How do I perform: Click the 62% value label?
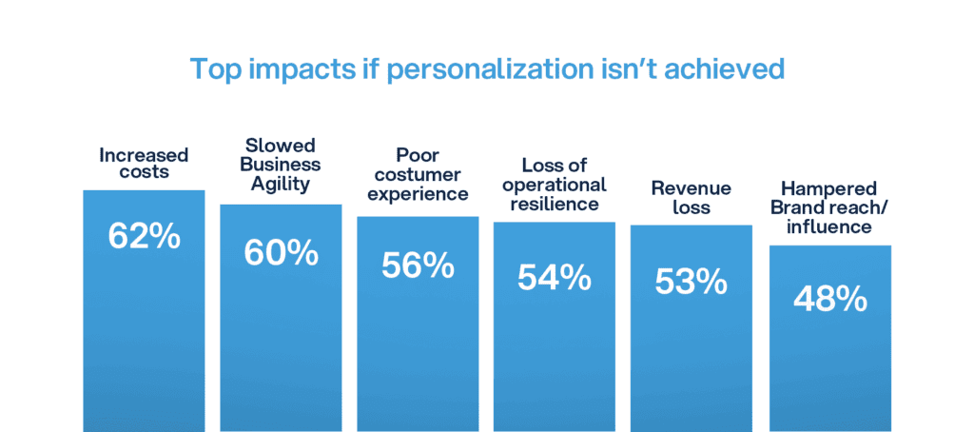pos(145,237)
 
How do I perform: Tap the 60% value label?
pos(281,252)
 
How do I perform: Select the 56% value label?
pos(418,266)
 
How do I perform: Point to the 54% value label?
pos(555,277)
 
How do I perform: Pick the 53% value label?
pos(692,282)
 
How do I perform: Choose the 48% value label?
pos(829,299)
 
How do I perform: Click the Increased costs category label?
pos(145,163)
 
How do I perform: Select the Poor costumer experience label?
pos(418,174)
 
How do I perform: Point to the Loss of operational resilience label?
pos(555,185)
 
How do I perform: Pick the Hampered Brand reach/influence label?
pos(829,208)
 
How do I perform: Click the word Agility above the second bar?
pos(281,185)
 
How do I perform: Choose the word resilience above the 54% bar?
pos(555,204)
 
